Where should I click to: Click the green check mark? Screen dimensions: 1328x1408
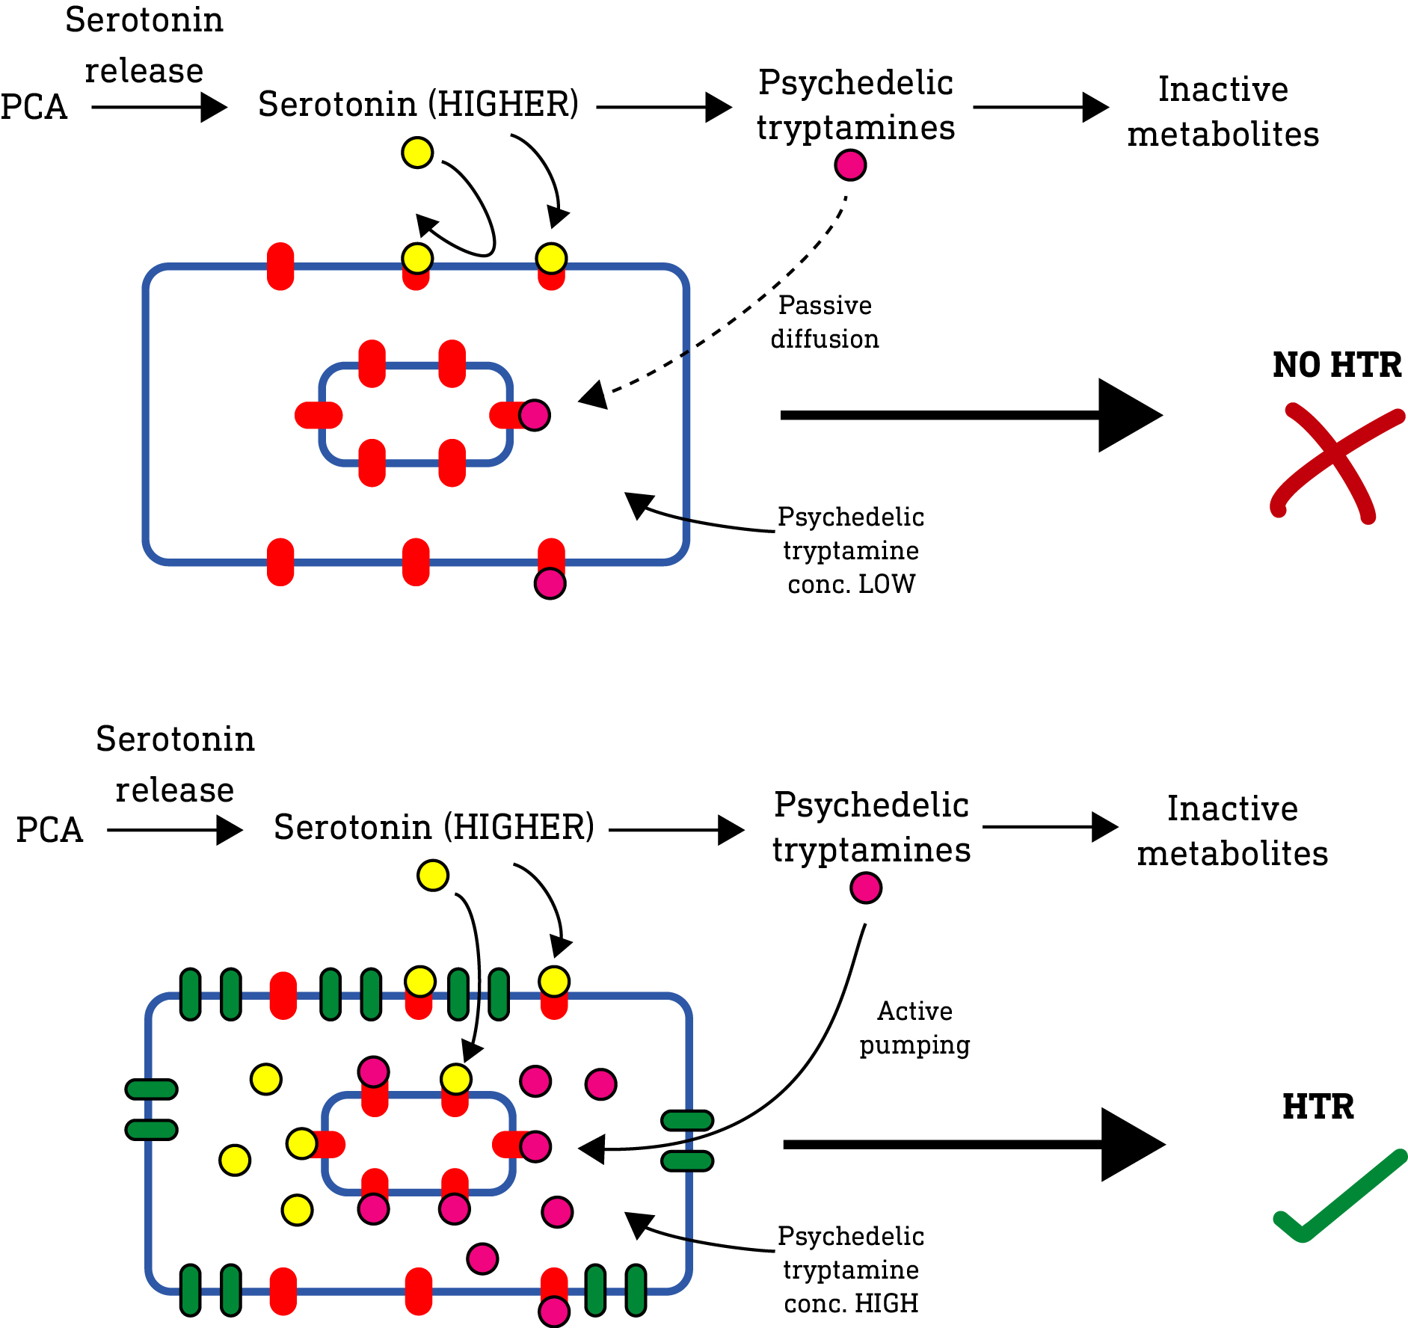pyautogui.click(x=1338, y=1196)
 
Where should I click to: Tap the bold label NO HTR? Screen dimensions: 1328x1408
pyautogui.click(x=1336, y=365)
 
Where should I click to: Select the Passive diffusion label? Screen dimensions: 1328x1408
pyautogui.click(x=825, y=322)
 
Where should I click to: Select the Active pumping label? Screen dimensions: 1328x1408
pyautogui.click(x=914, y=1027)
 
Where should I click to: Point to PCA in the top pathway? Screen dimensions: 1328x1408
pyautogui.click(x=34, y=107)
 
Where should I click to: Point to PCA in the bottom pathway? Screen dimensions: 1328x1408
pyautogui.click(x=49, y=830)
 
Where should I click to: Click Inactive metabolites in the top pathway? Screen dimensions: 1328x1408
pyautogui.click(x=1223, y=112)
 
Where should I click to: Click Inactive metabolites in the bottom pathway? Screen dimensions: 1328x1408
pyautogui.click(x=1232, y=831)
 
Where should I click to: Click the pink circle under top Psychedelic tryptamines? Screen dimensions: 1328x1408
pyautogui.click(x=850, y=165)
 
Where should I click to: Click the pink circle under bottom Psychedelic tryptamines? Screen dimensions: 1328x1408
pyautogui.click(x=866, y=888)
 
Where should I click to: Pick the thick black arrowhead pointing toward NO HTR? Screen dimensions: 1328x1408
pyautogui.click(x=1129, y=415)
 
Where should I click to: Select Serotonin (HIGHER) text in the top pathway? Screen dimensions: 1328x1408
pyautogui.click(x=418, y=104)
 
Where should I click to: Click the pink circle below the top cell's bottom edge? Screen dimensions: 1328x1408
pyautogui.click(x=550, y=583)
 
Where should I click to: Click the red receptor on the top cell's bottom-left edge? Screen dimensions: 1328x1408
pyautogui.click(x=280, y=562)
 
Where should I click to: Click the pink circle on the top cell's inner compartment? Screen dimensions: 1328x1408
pyautogui.click(x=535, y=414)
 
